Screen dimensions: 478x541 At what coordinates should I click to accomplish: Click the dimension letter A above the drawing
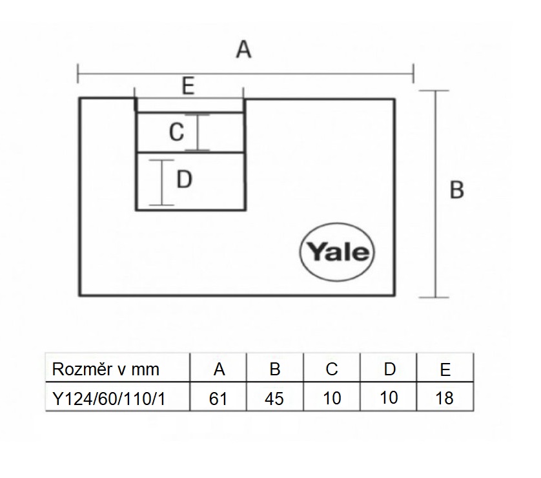243,49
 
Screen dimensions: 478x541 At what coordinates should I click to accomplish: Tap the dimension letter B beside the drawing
456,191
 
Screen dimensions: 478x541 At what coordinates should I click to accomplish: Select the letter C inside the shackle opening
177,132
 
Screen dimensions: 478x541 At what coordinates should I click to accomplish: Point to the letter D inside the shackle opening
185,180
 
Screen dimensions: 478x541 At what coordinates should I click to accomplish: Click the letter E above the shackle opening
188,87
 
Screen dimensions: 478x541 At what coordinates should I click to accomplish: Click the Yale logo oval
336,251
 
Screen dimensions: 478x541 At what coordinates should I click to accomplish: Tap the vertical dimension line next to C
201,132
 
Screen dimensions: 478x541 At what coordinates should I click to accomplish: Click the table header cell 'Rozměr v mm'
105,369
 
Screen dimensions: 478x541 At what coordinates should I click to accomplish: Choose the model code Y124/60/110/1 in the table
108,398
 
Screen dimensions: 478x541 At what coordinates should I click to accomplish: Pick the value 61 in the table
219,398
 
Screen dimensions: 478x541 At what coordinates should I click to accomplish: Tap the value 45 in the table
274,398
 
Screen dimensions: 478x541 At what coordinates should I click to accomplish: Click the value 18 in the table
444,398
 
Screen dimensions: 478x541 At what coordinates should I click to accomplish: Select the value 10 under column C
332,398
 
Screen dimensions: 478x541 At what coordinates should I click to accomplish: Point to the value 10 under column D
389,398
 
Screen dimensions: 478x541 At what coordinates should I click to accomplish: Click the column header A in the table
219,369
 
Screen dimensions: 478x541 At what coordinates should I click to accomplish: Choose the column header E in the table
444,369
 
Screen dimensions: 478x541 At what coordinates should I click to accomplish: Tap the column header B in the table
274,369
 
